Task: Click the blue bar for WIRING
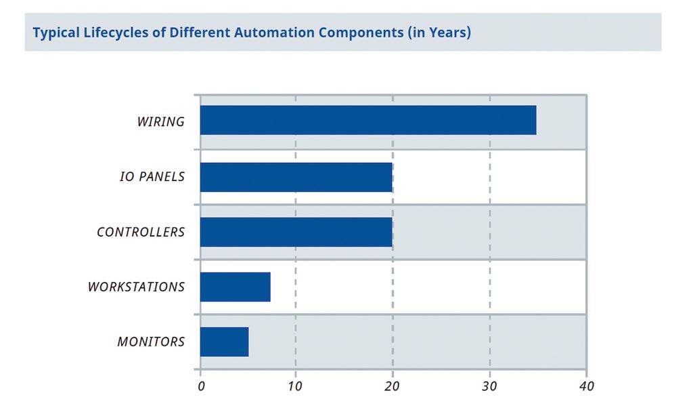pos(368,120)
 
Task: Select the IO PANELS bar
pos(296,177)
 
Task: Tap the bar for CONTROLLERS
pos(296,232)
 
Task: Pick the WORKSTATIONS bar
pos(236,287)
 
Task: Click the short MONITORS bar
pos(224,342)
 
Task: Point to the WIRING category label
pos(160,122)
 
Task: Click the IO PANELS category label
pos(152,177)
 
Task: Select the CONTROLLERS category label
pos(141,232)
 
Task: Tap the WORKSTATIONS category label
pos(136,287)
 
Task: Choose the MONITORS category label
pos(151,342)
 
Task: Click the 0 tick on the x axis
pos(201,386)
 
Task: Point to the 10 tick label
pos(296,386)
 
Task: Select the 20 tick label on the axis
pos(393,386)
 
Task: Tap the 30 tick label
pos(489,386)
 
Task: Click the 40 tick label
pos(586,386)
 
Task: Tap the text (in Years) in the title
pos(439,32)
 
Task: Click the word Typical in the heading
pos(55,32)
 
